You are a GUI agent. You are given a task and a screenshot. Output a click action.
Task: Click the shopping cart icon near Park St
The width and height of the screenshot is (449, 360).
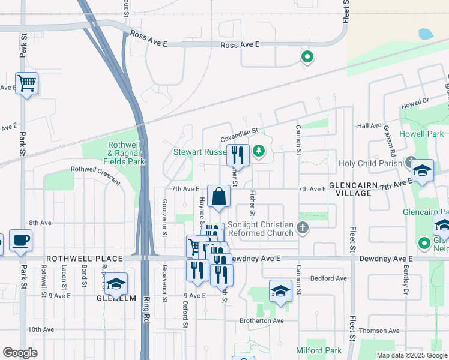tap(26, 83)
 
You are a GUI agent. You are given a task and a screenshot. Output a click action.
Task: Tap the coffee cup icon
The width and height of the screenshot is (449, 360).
tap(20, 240)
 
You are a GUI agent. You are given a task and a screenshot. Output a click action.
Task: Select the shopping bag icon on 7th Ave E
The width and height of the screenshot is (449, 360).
tap(219, 196)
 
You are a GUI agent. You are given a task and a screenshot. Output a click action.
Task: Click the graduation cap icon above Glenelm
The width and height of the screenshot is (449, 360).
tap(116, 283)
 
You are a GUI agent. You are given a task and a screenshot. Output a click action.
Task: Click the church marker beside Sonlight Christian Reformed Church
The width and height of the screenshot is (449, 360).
tap(303, 228)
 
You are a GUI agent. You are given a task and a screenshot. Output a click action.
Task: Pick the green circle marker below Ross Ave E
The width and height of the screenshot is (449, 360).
tap(307, 58)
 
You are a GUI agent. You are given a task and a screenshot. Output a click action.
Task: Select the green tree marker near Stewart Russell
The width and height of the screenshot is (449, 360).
tap(259, 151)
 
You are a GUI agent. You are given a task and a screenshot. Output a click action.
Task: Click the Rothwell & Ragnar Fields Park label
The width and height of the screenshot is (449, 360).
tap(125, 153)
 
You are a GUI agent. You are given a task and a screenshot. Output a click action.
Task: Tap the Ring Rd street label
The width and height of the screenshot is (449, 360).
tap(145, 319)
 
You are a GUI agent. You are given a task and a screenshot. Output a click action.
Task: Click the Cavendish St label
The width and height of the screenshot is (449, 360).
tap(238, 130)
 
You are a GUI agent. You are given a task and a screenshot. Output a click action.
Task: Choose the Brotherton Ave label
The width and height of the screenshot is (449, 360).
tap(261, 321)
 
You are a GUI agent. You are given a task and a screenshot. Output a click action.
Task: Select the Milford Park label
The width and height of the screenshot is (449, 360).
tap(319, 350)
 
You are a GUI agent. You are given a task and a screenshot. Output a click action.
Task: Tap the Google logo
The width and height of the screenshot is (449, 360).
tap(20, 352)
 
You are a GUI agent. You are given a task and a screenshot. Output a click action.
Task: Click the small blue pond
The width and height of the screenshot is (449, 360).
tap(426, 34)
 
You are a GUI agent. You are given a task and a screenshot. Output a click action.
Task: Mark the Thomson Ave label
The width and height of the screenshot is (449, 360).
tap(379, 331)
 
